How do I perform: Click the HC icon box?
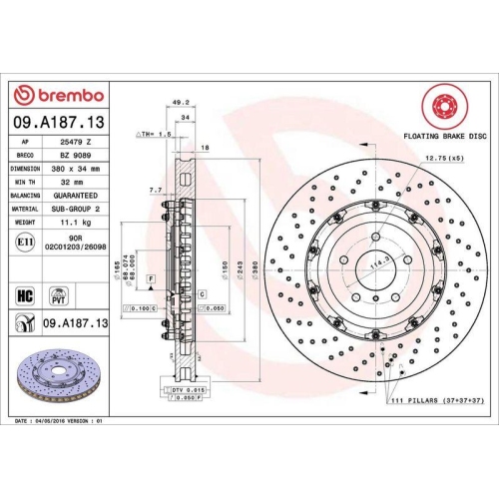point(25,294)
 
